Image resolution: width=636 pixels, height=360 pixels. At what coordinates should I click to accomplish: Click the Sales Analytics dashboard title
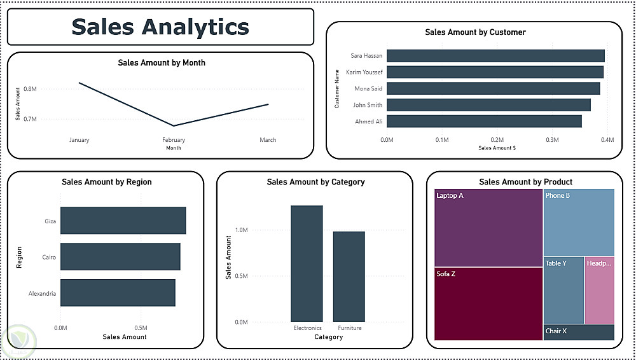[x=160, y=27]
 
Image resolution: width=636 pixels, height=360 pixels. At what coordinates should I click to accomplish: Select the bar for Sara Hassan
[x=495, y=56]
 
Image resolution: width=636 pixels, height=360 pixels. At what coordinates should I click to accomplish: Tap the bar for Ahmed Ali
[x=483, y=121]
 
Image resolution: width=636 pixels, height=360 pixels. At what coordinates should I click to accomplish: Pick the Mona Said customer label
[x=368, y=88]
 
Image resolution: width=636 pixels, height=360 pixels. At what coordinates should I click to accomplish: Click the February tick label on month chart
[x=174, y=140]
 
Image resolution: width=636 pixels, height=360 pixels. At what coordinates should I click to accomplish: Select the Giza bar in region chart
[x=123, y=221]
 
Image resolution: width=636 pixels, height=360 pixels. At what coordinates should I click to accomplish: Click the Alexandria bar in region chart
[x=118, y=293]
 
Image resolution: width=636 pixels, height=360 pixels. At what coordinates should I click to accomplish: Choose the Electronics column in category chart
[x=307, y=263]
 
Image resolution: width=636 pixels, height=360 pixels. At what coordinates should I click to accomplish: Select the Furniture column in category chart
[x=349, y=277]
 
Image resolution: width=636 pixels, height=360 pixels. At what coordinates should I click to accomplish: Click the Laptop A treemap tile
[x=488, y=228]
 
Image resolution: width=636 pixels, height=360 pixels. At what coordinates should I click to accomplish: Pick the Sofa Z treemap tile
[x=488, y=303]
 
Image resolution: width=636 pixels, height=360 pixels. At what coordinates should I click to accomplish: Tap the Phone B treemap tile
[x=579, y=223]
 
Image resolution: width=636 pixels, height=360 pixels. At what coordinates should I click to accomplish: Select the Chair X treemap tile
[x=579, y=332]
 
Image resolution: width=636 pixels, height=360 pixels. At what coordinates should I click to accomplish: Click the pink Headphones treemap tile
[x=599, y=290]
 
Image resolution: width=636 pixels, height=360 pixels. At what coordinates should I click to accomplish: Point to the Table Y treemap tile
[x=563, y=290]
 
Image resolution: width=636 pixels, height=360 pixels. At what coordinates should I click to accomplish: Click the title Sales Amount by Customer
[x=475, y=32]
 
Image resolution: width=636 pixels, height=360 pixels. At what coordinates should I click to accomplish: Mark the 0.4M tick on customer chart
[x=607, y=139]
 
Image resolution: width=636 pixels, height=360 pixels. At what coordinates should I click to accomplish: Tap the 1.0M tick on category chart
[x=241, y=230]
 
